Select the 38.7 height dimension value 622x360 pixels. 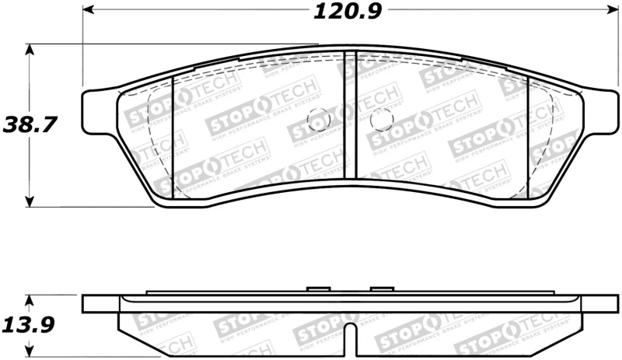[30, 125]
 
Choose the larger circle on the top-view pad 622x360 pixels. [381, 120]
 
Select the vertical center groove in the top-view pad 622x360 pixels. [350, 117]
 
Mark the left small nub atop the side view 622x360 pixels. [318, 289]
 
